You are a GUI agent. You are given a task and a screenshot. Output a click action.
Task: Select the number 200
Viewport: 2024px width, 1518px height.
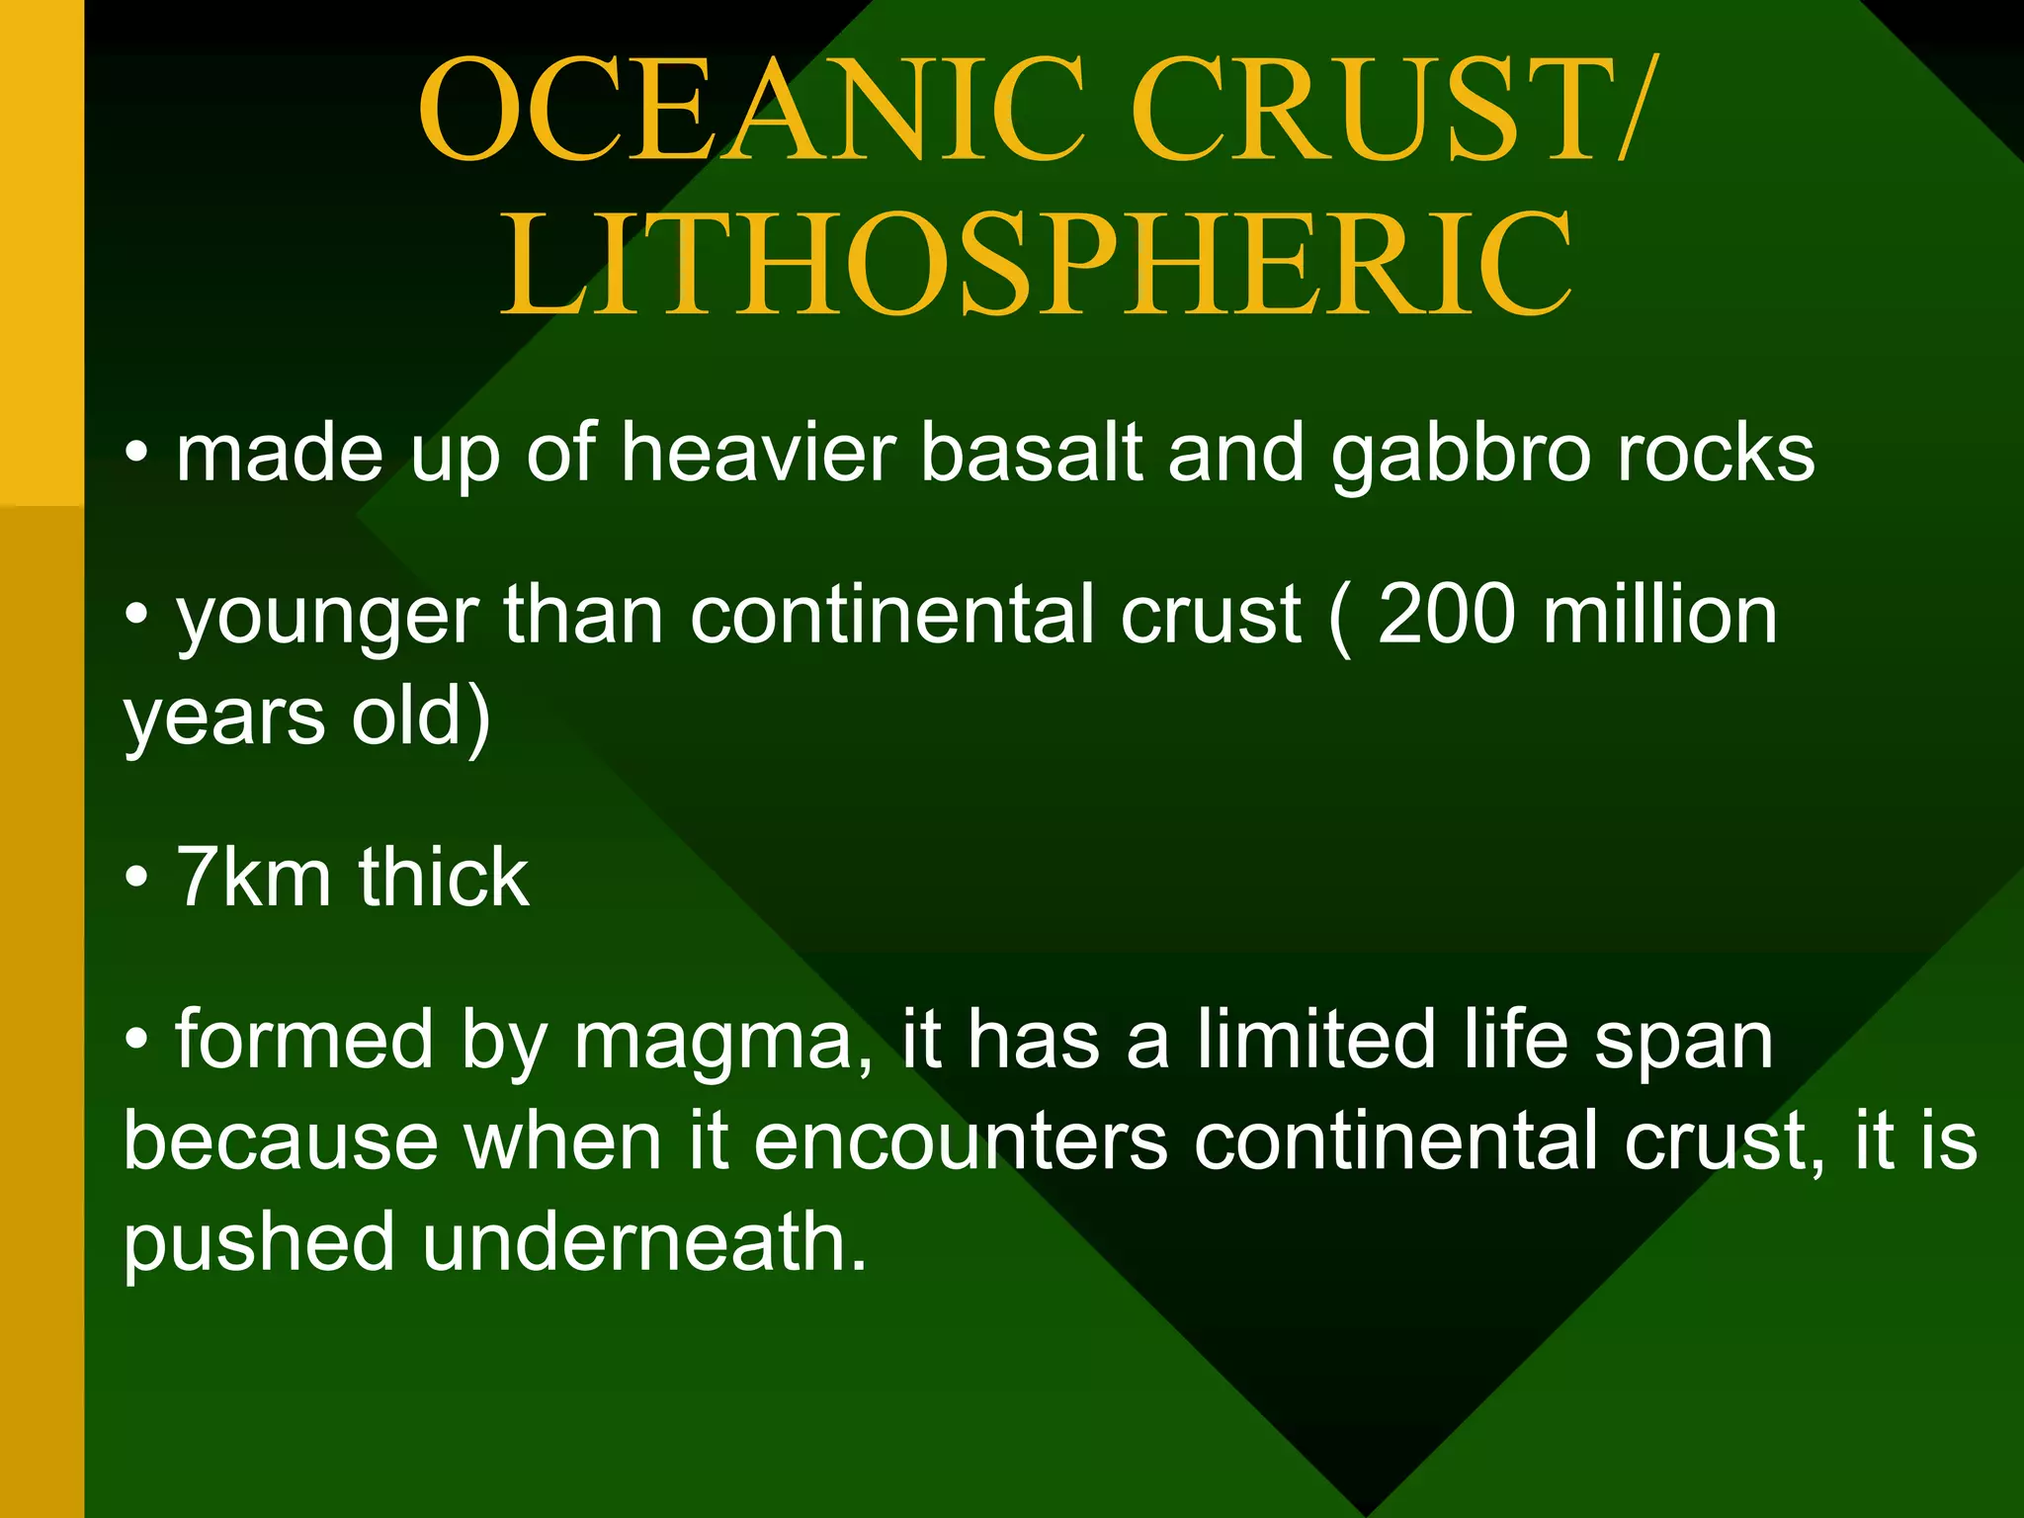(1446, 615)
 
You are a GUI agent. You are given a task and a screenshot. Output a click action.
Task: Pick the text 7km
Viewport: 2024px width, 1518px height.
(253, 878)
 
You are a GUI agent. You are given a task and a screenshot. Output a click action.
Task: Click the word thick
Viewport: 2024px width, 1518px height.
(444, 878)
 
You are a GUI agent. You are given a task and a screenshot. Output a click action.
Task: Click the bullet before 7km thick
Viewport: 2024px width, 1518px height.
(137, 878)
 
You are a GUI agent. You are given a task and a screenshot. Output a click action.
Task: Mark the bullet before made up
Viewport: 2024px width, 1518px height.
(137, 455)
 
